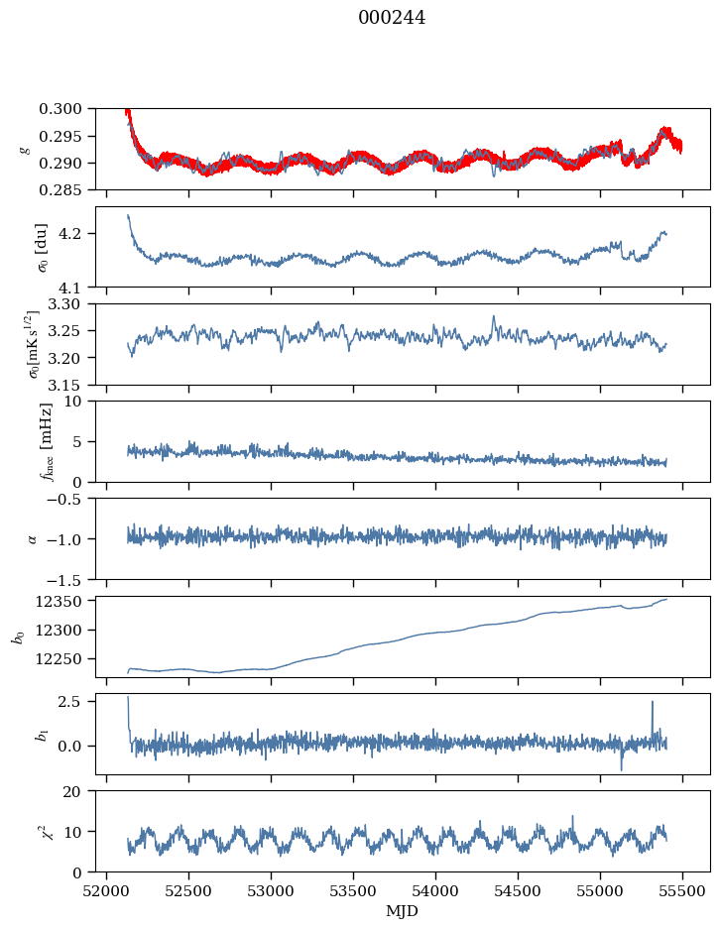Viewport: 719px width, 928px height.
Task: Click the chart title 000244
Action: tap(392, 18)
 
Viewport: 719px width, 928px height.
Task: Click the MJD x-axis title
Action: tap(403, 911)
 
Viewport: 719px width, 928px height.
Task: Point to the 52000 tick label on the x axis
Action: tap(107, 890)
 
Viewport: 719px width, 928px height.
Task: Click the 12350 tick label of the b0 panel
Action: tap(66, 601)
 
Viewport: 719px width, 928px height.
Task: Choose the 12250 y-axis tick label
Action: tap(66, 658)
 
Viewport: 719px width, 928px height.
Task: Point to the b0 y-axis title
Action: tap(17, 636)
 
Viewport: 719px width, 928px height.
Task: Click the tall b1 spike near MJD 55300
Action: tap(653, 703)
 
